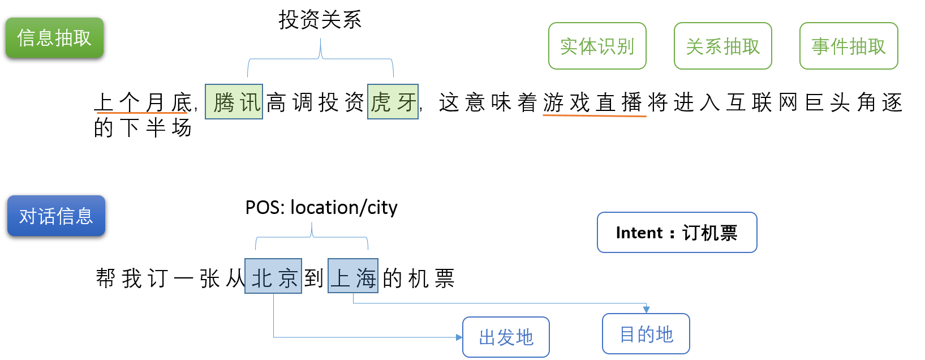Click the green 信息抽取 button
coord(54,38)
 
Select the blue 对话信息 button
coord(56,216)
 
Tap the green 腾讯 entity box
coord(234,102)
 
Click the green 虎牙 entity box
coord(393,102)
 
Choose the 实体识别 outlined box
coord(597,46)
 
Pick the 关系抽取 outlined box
coord(722,46)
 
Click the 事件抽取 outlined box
coord(848,46)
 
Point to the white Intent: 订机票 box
coord(677,233)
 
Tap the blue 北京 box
coord(273,276)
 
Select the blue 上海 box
coord(353,276)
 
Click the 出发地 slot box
coord(506,337)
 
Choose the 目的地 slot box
coord(646,334)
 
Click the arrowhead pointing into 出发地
coord(459,337)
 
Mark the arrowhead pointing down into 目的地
coord(646,310)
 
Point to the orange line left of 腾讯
coord(141,113)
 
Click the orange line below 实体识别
coord(594,115)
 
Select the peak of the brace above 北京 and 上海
coord(312,224)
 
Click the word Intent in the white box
coord(639,233)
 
